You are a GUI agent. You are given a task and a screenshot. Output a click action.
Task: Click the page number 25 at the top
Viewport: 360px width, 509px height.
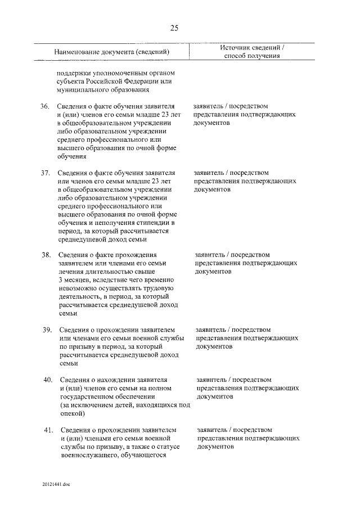tap(175, 28)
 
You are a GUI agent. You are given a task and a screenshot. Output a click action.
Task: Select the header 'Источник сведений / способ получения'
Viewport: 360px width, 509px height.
tap(252, 52)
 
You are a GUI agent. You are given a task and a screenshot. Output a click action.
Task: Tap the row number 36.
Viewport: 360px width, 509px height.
tap(45, 106)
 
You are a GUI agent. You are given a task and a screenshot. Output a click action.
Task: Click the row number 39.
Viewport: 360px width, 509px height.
tap(47, 329)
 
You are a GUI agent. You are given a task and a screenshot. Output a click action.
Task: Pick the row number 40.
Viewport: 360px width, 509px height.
tap(48, 380)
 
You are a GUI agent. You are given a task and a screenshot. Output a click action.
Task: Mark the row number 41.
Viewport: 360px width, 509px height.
tap(48, 430)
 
